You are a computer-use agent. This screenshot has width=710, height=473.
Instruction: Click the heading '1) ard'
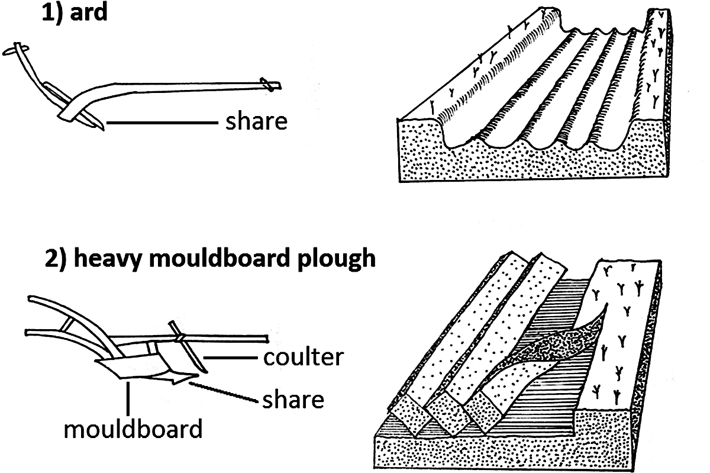pos(73,13)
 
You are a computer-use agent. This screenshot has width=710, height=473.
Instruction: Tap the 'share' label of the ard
pos(256,121)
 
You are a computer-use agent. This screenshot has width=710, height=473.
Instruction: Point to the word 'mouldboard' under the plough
pos(133,428)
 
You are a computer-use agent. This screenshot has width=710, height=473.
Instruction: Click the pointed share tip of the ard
pos(102,127)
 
